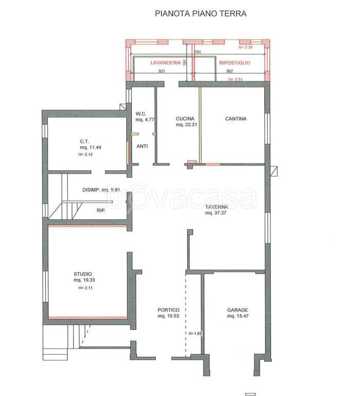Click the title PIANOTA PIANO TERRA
click(x=200, y=13)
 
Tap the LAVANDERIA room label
click(x=166, y=62)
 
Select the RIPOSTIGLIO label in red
click(x=235, y=62)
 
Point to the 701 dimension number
click(x=198, y=52)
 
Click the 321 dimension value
click(x=162, y=71)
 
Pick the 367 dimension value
click(x=229, y=71)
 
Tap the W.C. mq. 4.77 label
click(x=145, y=117)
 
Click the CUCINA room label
click(x=185, y=119)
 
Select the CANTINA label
click(x=236, y=119)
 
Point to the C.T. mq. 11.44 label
click(x=91, y=144)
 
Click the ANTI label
click(x=142, y=146)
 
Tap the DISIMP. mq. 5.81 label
click(x=101, y=190)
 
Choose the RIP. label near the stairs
click(x=101, y=210)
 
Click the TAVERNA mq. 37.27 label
click(x=216, y=210)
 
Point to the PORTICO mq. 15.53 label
click(x=168, y=313)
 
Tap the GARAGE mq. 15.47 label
click(x=237, y=313)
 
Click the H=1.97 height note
click(x=195, y=334)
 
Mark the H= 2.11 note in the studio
click(x=85, y=288)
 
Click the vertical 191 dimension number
click(x=185, y=62)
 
